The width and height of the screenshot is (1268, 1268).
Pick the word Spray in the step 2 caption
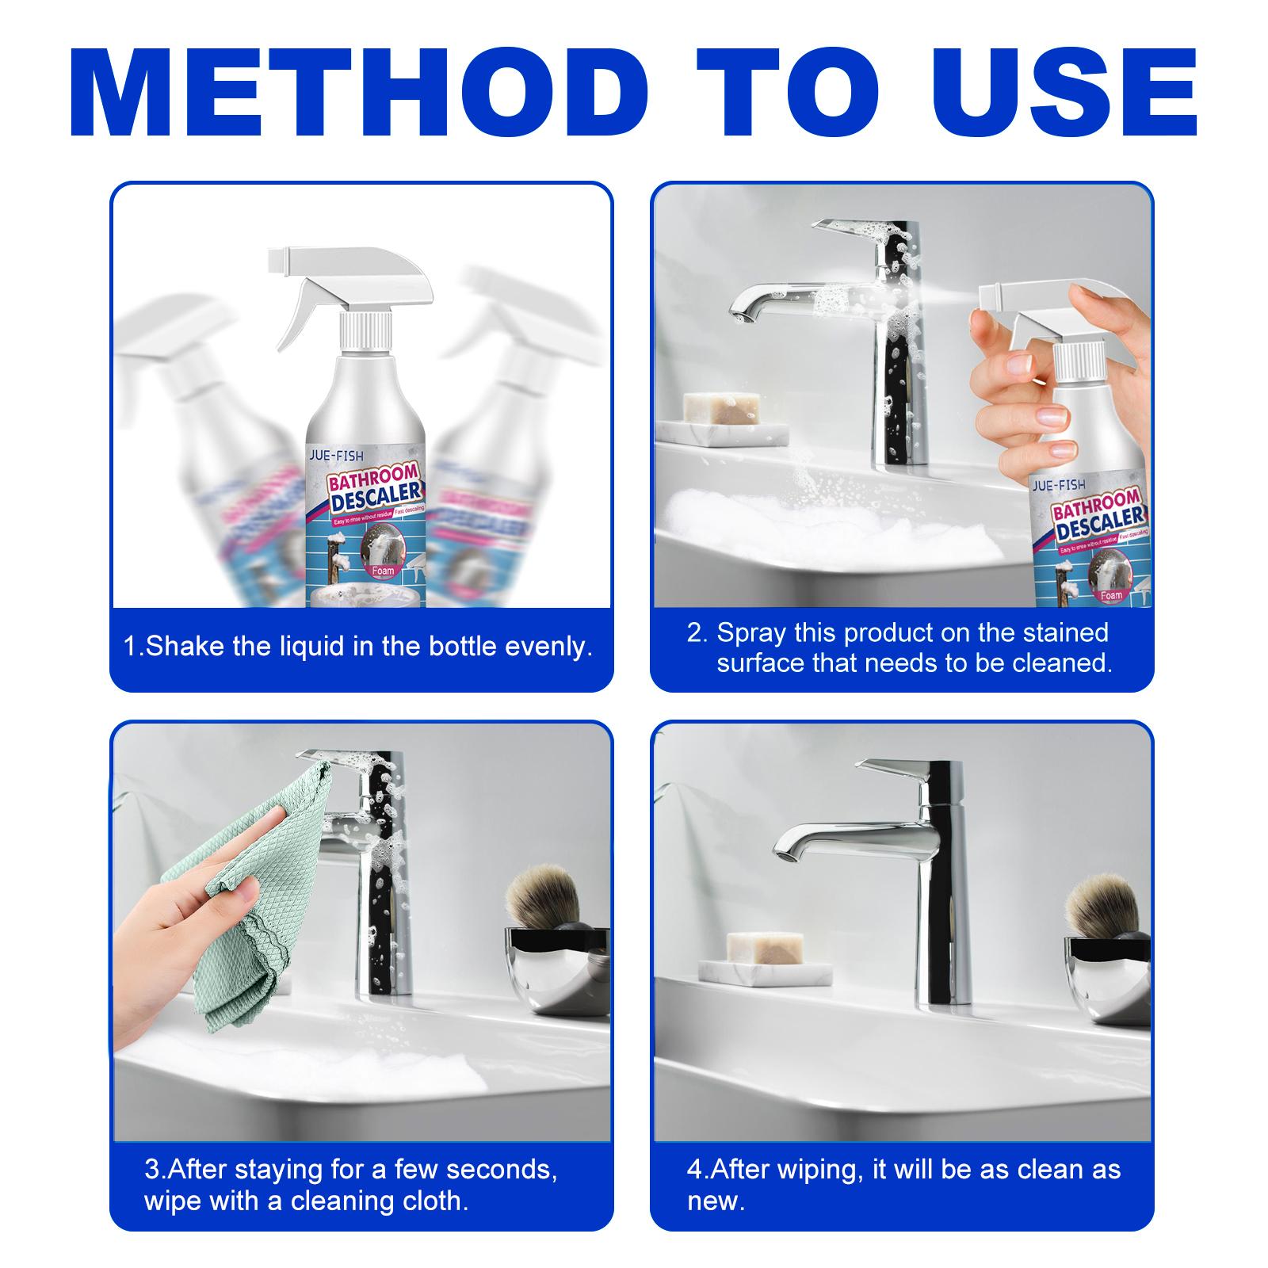click(x=749, y=632)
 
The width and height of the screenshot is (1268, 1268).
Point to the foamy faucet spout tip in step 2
click(x=741, y=315)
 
